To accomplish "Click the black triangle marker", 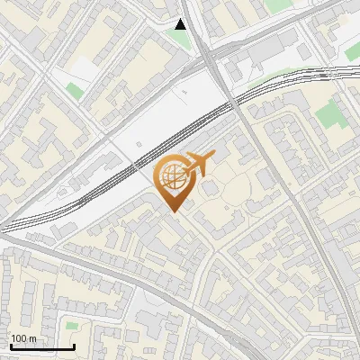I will point(182,24).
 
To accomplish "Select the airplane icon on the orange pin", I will point(197,163).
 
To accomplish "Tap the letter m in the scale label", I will point(32,338).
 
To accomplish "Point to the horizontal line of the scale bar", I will point(41,347).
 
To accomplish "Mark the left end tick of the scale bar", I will point(10,346).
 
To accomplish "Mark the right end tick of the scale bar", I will point(74,346).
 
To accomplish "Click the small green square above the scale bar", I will point(72,324).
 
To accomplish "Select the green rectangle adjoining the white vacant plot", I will point(74,90).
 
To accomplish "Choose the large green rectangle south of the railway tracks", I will point(330,114).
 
